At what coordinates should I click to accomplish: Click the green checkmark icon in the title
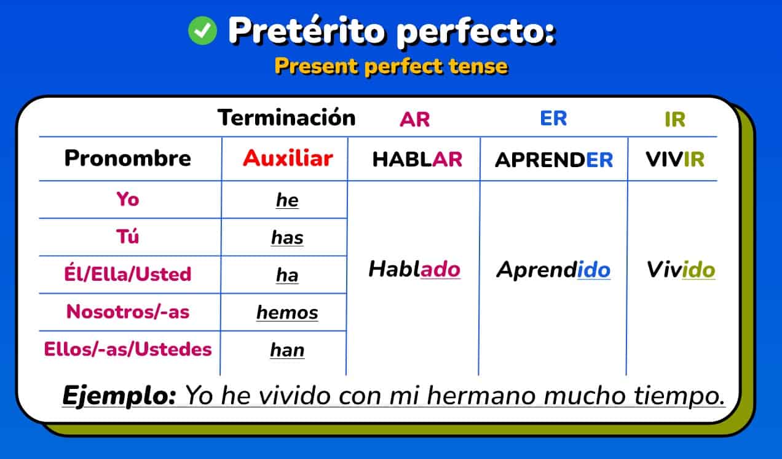point(202,30)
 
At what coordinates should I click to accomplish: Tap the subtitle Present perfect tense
point(391,66)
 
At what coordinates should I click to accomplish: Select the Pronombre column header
point(128,159)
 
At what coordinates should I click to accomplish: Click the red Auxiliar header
point(287,159)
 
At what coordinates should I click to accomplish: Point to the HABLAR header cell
point(417,160)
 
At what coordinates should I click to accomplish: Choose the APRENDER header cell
point(554,160)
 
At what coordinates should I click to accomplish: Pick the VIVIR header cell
point(674,160)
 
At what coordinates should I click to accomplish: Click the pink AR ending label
point(415,119)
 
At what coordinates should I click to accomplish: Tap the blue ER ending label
point(553,119)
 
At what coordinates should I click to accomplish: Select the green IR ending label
point(674,119)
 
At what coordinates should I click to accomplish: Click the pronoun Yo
point(128,199)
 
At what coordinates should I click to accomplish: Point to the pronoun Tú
point(128,237)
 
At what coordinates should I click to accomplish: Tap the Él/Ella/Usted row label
point(128,274)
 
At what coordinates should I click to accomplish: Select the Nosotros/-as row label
point(128,312)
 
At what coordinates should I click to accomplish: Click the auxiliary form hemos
point(287,313)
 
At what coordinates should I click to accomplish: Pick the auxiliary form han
point(287,350)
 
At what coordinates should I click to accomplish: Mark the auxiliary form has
point(287,238)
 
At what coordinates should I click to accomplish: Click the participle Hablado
point(414,269)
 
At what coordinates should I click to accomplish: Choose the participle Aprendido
point(553,270)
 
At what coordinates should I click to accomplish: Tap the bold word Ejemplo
point(119,395)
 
